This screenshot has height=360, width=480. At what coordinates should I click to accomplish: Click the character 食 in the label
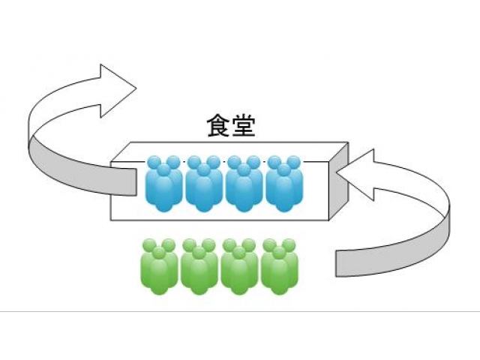click(219, 125)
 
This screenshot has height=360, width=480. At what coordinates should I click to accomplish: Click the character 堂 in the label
click(243, 125)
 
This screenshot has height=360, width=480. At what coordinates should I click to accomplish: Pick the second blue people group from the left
click(203, 184)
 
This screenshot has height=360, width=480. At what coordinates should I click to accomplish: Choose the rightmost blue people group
click(284, 184)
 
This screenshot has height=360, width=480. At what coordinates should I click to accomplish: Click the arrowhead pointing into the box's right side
click(355, 174)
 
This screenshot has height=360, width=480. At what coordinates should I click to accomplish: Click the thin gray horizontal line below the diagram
click(240, 310)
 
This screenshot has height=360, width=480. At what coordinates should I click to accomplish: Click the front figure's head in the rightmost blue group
click(284, 170)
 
